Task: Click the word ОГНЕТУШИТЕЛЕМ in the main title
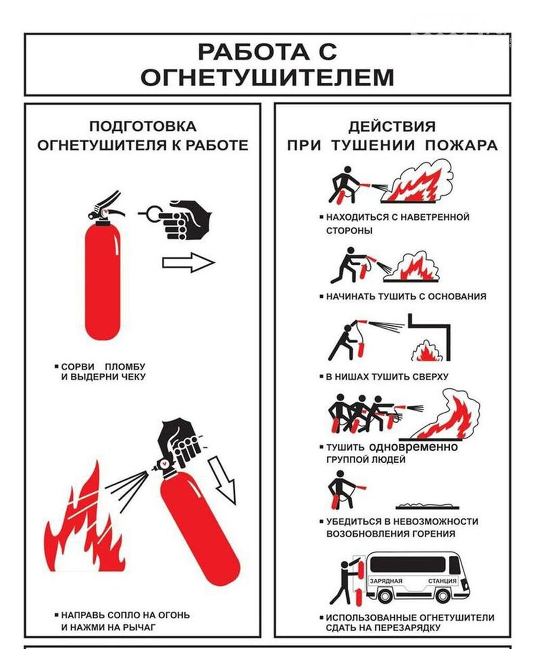(267, 77)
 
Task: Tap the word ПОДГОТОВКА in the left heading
(143, 126)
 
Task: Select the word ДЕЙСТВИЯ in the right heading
(392, 126)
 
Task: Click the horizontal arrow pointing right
(188, 262)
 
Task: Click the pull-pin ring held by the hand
(153, 213)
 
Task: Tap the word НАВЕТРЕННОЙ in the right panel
(435, 217)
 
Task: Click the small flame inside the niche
(426, 351)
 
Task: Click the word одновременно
(413, 447)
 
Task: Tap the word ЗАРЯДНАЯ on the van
(386, 581)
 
